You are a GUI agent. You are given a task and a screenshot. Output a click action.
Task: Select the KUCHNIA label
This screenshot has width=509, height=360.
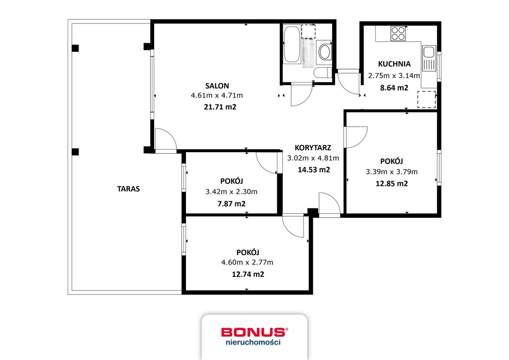tap(394, 64)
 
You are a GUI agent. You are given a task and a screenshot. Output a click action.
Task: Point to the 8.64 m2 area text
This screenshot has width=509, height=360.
tap(394, 88)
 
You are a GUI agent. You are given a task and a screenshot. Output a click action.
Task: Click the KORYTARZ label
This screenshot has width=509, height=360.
tap(313, 148)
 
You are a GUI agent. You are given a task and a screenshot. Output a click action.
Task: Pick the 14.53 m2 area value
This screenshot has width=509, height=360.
tap(313, 170)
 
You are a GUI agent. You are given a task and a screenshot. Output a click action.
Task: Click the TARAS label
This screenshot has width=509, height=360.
tap(128, 189)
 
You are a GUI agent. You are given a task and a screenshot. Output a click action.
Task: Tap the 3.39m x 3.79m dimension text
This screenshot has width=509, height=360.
tap(392, 172)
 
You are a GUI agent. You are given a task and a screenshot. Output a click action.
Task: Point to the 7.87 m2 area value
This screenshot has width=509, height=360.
tap(233, 203)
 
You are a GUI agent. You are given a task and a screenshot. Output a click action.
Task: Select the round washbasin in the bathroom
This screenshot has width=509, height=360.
tap(325, 52)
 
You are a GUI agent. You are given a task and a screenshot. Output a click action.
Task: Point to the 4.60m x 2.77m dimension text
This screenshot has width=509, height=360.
tap(247, 263)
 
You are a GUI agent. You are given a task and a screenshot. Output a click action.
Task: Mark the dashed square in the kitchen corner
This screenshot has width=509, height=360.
tap(426, 99)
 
